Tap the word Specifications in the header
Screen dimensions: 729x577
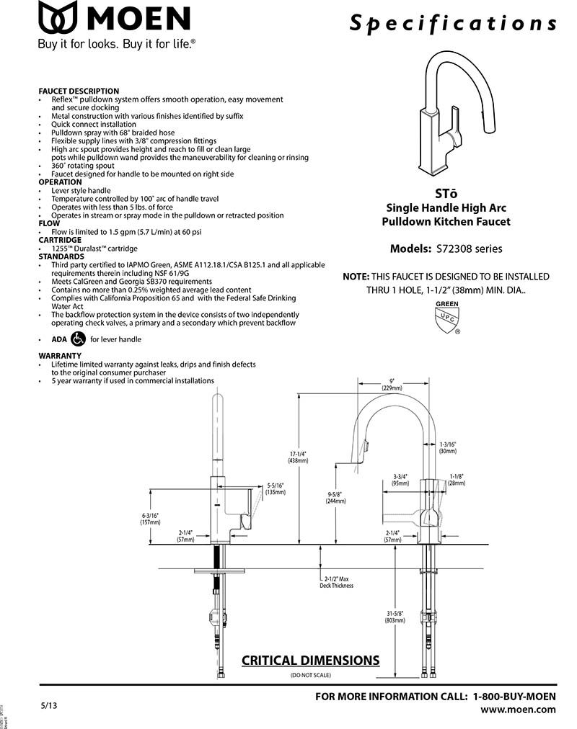453,22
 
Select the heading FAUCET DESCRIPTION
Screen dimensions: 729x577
79,91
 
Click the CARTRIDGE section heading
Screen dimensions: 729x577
60,240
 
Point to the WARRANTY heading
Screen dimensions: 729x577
60,356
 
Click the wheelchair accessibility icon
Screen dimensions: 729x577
79,339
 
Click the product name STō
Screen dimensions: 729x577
446,193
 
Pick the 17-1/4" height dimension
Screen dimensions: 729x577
298,457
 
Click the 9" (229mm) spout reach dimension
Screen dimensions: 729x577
392,384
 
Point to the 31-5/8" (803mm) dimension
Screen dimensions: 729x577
395,616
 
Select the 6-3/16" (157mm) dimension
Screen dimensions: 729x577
150,519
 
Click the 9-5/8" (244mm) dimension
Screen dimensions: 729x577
334,498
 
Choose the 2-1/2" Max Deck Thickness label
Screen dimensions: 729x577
337,582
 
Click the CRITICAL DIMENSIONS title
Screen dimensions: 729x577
310,661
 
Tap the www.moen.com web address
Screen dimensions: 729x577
518,710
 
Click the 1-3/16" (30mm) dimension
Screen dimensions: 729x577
446,447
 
